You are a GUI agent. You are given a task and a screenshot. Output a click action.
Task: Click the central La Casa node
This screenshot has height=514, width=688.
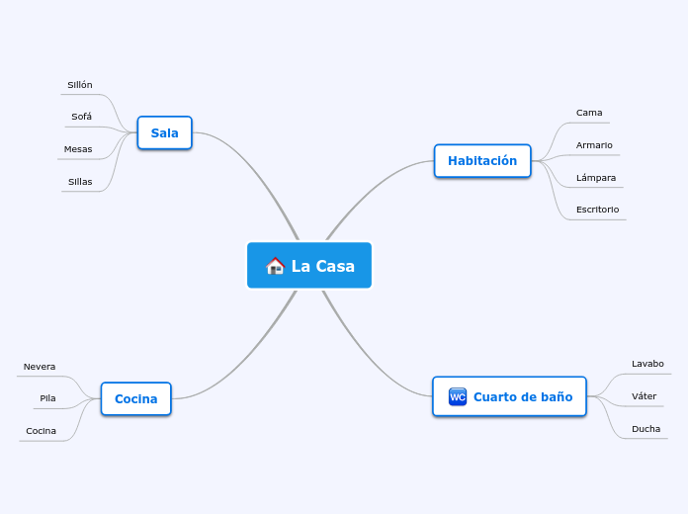pos(309,266)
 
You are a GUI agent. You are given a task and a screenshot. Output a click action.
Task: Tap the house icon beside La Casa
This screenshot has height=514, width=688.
pos(276,266)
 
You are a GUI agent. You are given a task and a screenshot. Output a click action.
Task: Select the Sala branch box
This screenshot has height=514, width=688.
pos(164,132)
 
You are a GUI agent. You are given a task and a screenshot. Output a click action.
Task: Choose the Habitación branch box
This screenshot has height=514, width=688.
pos(482,160)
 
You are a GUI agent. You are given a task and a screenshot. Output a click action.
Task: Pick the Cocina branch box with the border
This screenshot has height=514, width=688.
pos(135,399)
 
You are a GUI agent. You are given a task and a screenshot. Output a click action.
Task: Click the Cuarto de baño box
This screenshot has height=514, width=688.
pos(510,396)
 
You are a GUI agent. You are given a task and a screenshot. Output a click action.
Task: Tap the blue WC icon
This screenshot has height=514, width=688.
pos(458,396)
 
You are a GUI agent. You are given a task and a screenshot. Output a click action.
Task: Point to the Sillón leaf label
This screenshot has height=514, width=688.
pos(80,85)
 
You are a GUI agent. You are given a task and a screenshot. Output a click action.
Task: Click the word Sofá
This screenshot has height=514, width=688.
pos(81,117)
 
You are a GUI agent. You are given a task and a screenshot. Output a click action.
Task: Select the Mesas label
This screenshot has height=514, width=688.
pos(78,149)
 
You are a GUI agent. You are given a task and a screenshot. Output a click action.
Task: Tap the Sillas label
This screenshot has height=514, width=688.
pos(80,182)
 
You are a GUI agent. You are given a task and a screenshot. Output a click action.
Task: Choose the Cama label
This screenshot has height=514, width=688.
pos(589,113)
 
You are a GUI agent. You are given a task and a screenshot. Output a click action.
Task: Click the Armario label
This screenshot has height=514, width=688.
pos(594,145)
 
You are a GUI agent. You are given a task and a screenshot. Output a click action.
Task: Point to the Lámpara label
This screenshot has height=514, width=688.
pos(596,178)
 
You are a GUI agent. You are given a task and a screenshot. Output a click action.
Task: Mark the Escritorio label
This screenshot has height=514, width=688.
pos(597,210)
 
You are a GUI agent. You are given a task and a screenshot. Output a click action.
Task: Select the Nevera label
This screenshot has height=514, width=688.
pos(40,367)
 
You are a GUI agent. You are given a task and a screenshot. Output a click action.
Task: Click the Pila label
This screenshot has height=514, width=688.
pos(47,398)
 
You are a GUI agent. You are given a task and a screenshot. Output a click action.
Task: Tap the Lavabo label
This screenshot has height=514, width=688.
pos(647,364)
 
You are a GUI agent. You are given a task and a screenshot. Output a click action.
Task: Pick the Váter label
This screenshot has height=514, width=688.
pos(644,396)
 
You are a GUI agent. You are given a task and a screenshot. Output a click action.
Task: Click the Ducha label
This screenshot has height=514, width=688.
pos(645,429)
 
